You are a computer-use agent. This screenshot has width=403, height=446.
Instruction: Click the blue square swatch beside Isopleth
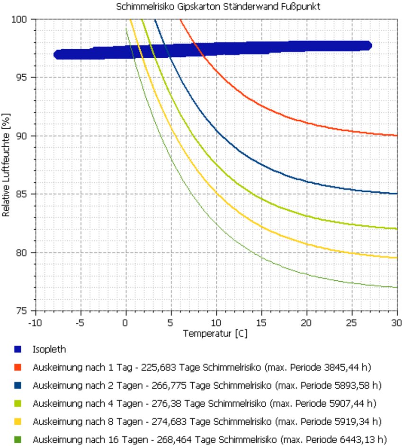tap(18, 350)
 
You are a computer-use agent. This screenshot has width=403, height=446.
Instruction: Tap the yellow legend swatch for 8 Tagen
tap(18, 421)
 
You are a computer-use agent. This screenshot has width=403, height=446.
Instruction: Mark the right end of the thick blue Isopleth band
tap(369, 45)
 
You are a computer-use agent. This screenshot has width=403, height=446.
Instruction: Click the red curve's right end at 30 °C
tap(396, 135)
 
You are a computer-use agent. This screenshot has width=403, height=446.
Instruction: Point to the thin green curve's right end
tap(396, 287)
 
